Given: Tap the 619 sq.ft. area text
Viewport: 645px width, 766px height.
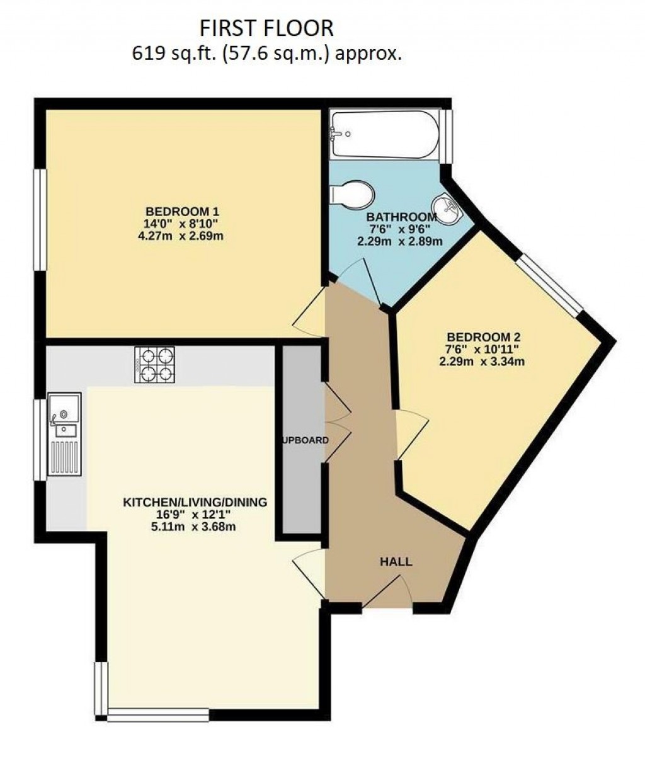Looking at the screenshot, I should [266, 54].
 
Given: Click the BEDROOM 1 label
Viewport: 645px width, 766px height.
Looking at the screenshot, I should [182, 211].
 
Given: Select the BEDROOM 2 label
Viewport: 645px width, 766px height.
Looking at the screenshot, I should [483, 336].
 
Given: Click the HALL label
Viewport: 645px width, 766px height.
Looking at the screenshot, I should [396, 561].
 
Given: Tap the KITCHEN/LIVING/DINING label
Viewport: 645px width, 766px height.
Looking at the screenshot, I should [195, 502].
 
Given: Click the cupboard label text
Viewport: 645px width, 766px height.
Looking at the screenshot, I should [305, 440].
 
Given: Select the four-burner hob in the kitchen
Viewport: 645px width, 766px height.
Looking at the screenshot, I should [154, 366].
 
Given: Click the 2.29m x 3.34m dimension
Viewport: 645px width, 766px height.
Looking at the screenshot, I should [483, 361].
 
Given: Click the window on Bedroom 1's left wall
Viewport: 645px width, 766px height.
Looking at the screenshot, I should [40, 220].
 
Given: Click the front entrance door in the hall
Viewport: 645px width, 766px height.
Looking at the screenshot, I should [388, 595].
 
